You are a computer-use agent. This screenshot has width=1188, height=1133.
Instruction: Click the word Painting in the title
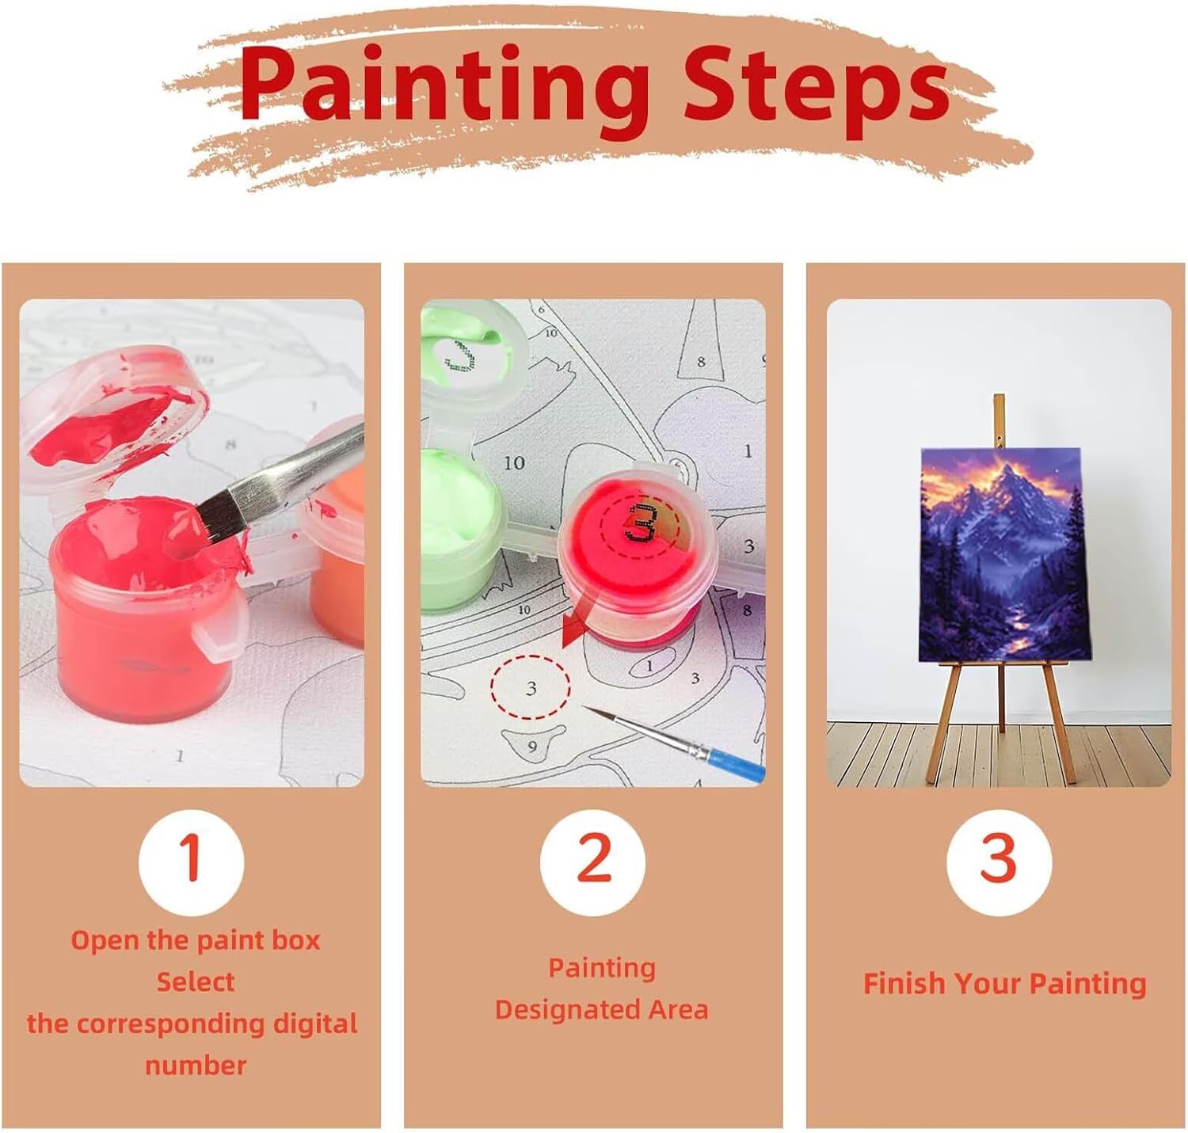(445, 89)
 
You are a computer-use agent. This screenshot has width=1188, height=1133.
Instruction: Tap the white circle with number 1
(191, 861)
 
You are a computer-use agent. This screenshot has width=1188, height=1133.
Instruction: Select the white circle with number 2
(592, 861)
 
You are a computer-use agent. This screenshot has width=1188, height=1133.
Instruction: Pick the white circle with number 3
(998, 861)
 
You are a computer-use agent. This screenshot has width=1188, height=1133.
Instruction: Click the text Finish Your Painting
(1004, 983)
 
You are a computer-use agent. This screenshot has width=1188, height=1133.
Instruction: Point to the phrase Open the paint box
(195, 941)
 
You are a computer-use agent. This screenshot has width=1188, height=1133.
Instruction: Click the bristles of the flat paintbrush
(221, 515)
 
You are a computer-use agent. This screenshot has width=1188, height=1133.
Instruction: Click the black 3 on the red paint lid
(640, 523)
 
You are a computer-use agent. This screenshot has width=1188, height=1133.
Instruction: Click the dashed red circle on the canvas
(530, 687)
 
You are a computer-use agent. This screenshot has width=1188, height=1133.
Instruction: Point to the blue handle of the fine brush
(736, 764)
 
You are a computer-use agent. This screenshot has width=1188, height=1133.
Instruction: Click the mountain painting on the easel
(999, 554)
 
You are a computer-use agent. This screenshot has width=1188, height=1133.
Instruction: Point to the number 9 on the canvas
(532, 746)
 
